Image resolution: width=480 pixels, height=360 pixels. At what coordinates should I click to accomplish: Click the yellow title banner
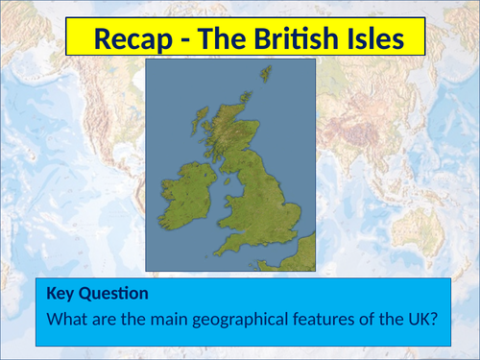pyautogui.click(x=245, y=39)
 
